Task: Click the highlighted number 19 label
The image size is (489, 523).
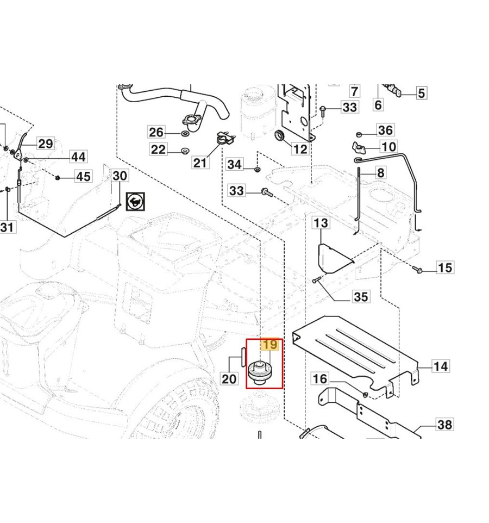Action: (x=270, y=345)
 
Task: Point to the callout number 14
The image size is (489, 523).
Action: (x=441, y=366)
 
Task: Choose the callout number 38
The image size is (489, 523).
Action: (x=444, y=425)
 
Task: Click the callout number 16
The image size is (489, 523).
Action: (x=321, y=379)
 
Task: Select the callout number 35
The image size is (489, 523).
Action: (x=361, y=297)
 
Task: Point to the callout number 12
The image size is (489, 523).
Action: (x=300, y=150)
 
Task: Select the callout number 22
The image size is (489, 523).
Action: (x=158, y=150)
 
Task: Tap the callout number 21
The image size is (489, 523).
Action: (x=200, y=163)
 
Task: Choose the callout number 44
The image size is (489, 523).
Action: (x=78, y=157)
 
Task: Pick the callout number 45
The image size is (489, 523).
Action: (x=83, y=177)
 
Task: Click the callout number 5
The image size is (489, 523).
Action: (x=422, y=93)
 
